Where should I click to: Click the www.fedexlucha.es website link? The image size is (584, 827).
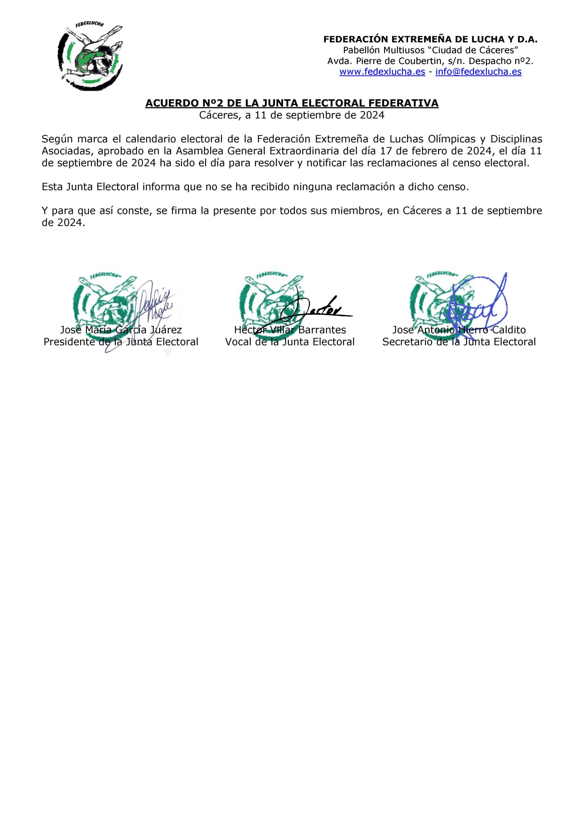382,72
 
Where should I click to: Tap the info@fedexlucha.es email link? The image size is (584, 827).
478,72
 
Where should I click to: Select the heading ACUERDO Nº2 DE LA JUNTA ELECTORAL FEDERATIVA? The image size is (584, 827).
292,103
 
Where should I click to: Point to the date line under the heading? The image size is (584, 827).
292,115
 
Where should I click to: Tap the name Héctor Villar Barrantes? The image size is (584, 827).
290,330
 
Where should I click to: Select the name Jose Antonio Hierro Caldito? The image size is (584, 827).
459,330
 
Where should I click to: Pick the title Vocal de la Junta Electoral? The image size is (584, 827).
290,342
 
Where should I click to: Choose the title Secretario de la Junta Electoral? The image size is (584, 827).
459,342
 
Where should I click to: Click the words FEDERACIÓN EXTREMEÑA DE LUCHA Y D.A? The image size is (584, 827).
430,40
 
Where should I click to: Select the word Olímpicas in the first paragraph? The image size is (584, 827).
455,139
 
